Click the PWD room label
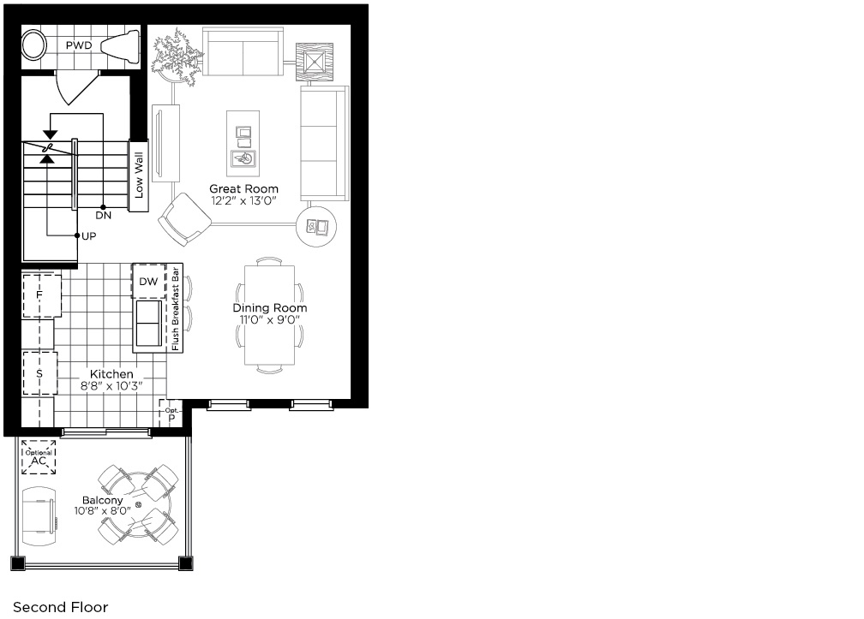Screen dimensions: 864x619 (x=79, y=45)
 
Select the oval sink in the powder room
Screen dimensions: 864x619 (x=34, y=45)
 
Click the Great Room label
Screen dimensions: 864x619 (x=243, y=188)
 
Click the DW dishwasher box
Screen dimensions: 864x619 (x=148, y=281)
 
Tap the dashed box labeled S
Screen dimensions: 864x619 (x=39, y=373)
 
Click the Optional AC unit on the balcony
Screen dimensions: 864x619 (x=39, y=457)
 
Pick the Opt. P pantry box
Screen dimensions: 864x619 (x=171, y=414)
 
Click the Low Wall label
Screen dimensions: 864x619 (x=138, y=176)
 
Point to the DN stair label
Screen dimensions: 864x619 (x=103, y=215)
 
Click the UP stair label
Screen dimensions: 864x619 (x=89, y=236)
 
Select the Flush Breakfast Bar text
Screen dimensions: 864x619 (x=176, y=309)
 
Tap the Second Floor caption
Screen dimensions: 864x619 (x=61, y=607)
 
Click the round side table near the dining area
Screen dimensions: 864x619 (x=317, y=226)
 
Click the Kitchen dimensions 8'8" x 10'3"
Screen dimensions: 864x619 (x=111, y=386)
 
